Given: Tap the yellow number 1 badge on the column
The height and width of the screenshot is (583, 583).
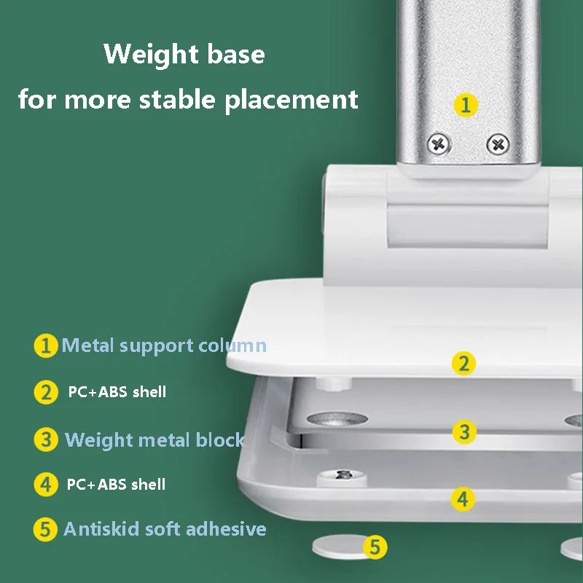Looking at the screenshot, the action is coord(466,104).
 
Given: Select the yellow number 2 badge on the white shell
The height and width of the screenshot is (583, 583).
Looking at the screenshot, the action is coord(463,363).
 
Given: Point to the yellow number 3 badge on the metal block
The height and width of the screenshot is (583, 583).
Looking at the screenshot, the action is coord(463,431).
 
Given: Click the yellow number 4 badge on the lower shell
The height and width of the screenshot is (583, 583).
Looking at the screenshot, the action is coord(462,499).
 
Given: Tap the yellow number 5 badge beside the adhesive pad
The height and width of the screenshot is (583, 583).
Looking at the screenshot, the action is coord(375,547).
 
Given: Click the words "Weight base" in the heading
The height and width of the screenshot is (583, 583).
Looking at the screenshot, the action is coord(184,55).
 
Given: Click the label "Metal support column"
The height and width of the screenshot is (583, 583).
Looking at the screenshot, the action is coord(164,345).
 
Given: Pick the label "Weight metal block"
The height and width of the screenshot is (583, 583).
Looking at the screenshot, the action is coord(154,440).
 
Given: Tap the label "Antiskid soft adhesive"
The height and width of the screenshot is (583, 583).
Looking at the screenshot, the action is coord(165,529).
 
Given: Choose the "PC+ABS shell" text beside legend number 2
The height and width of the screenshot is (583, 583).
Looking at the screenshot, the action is coord(117,392).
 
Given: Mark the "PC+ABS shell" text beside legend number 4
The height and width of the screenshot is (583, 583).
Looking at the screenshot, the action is coord(116,484).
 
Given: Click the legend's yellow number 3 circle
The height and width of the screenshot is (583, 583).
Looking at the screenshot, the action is coord(46,440).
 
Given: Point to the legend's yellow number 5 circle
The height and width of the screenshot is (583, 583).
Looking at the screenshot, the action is coord(46,530).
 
